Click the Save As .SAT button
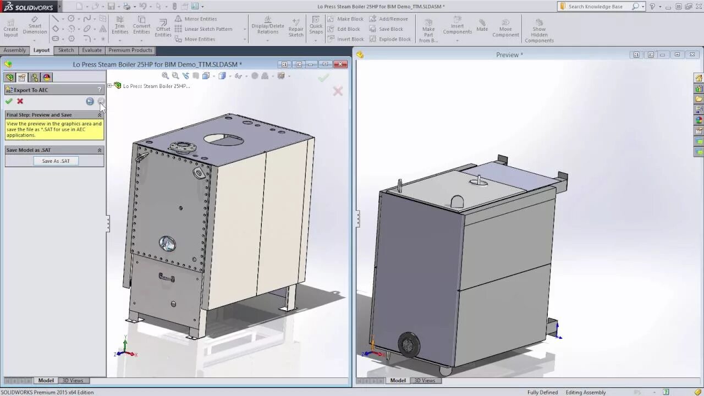pyautogui.click(x=56, y=161)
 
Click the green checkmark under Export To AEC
pyautogui.click(x=9, y=101)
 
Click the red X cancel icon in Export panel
pyautogui.click(x=20, y=101)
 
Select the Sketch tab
pyautogui.click(x=66, y=50)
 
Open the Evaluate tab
pyautogui.click(x=92, y=50)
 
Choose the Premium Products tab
pyautogui.click(x=130, y=50)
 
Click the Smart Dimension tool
pyautogui.click(x=35, y=28)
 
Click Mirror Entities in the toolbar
pyautogui.click(x=200, y=19)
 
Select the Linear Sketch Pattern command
pyautogui.click(x=208, y=29)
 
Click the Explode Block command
pyautogui.click(x=394, y=39)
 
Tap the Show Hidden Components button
pyautogui.click(x=539, y=31)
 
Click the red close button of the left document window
pyautogui.click(x=341, y=64)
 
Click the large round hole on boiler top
pyautogui.click(x=224, y=139)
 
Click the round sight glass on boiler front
pyautogui.click(x=167, y=243)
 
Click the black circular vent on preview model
pyautogui.click(x=409, y=345)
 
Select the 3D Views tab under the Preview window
pyautogui.click(x=424, y=381)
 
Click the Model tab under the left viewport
pyautogui.click(x=46, y=381)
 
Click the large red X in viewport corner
pyautogui.click(x=338, y=91)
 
